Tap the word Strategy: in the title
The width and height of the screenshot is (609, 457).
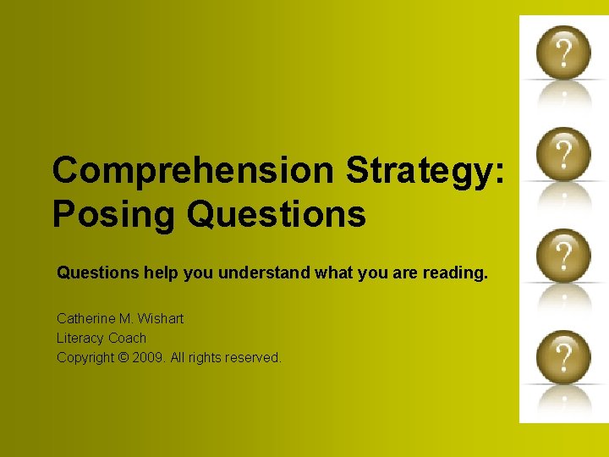click(x=426, y=171)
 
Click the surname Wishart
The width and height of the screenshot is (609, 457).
click(x=161, y=319)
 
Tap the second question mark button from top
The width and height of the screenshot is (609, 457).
click(x=562, y=152)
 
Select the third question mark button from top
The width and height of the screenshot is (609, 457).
click(x=562, y=254)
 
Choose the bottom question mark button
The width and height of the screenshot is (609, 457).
click(x=562, y=355)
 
